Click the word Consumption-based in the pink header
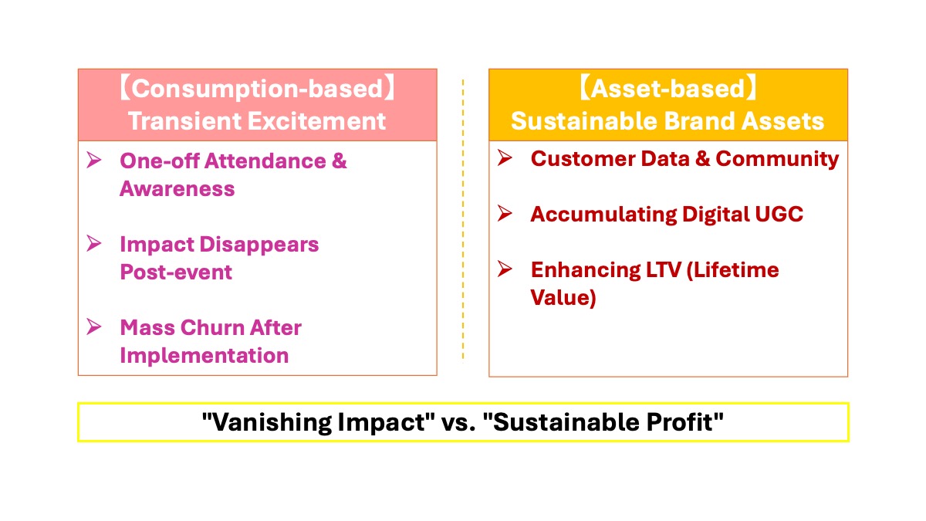pos(259,89)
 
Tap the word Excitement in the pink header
pos(316,121)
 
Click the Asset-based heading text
pos(667,89)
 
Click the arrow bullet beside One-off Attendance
pos(94,160)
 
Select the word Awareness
pos(177,189)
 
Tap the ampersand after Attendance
pos(339,161)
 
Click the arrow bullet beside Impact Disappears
pos(94,243)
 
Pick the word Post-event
pos(176,272)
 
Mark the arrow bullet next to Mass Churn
pos(94,326)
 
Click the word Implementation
pos(204,356)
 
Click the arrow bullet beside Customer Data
pos(505,157)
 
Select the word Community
pos(777,160)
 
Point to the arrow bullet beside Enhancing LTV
pos(505,269)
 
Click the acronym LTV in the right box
pos(663,270)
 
